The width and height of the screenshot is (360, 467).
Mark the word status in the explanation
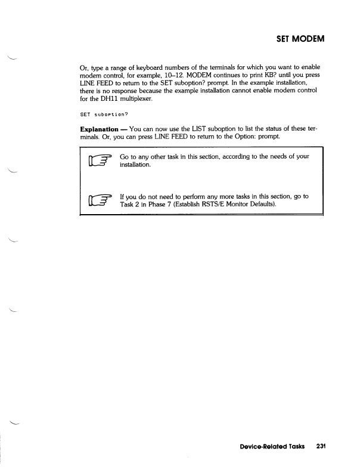(265, 144)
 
